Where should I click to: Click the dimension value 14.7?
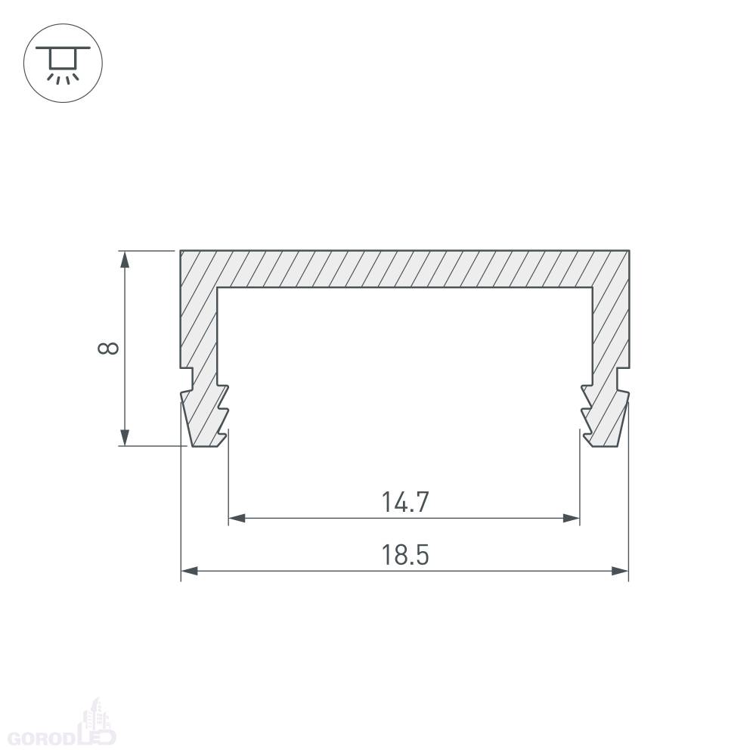click(405, 502)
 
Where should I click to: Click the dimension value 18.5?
click(405, 555)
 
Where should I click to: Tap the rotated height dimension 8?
click(108, 348)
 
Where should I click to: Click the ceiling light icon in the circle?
click(64, 64)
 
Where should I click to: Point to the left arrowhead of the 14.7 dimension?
click(237, 519)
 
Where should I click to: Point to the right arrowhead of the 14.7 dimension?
click(571, 519)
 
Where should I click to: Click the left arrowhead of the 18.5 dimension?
click(190, 572)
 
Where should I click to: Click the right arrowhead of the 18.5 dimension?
click(620, 572)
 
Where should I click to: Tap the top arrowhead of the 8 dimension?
click(125, 259)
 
